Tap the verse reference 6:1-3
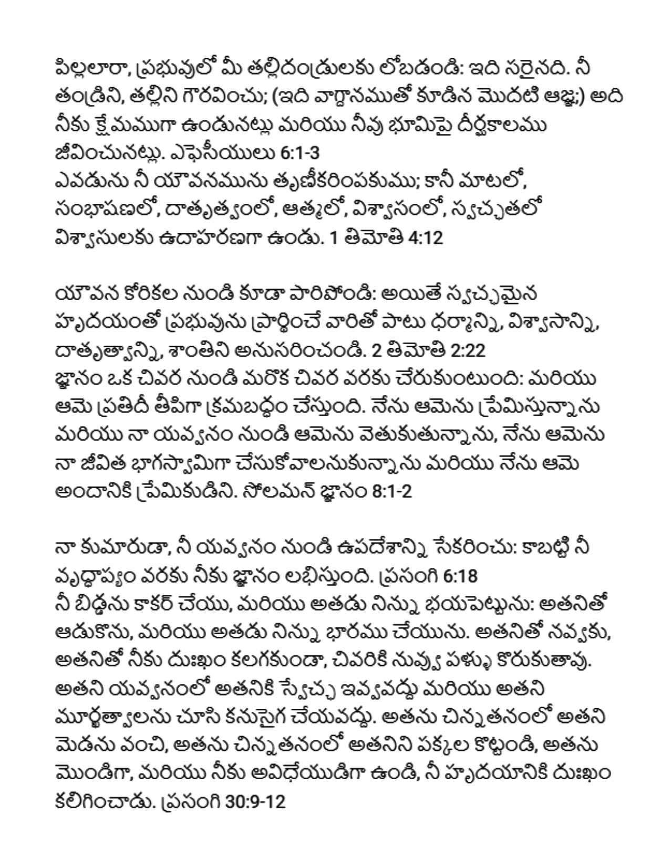(300, 153)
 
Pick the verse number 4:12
(425, 238)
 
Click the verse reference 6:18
(460, 576)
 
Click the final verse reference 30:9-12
(255, 802)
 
